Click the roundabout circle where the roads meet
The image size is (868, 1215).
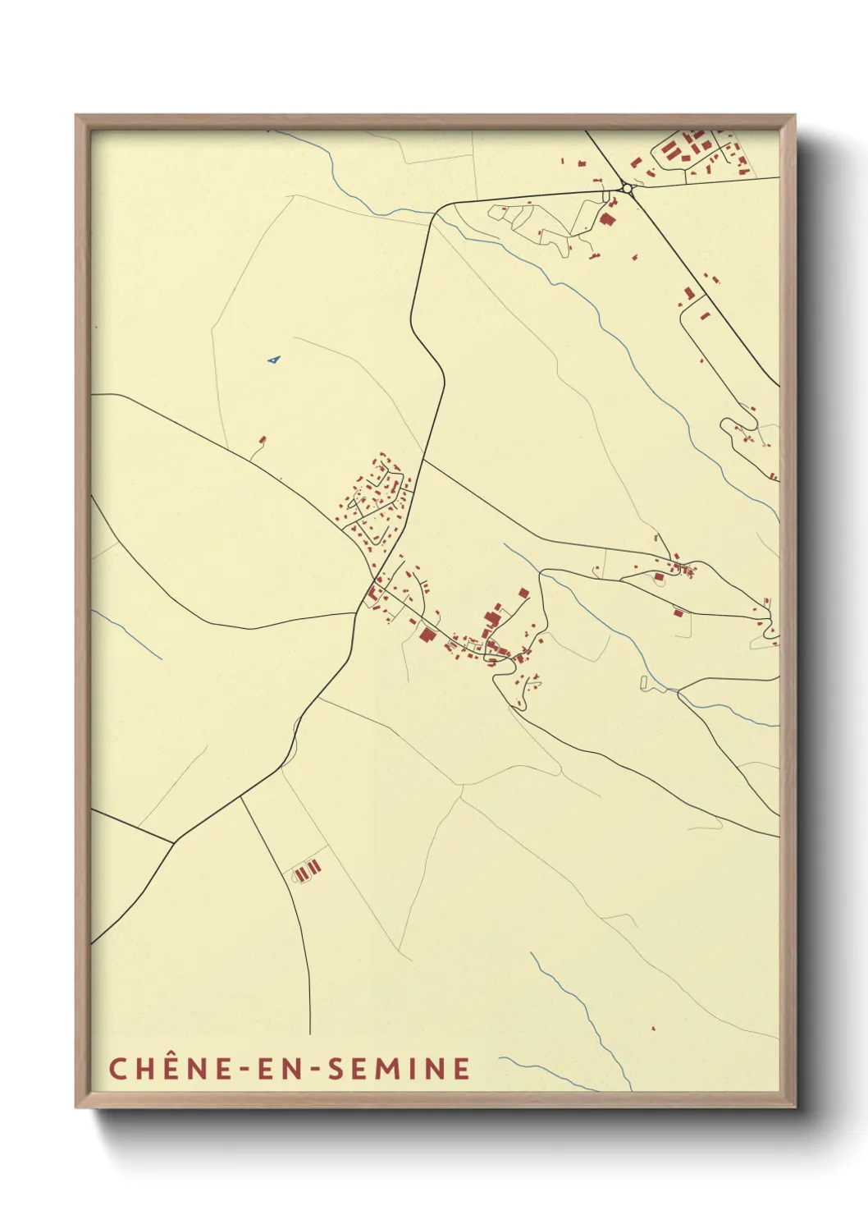click(x=628, y=188)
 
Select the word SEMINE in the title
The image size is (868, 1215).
click(x=399, y=1068)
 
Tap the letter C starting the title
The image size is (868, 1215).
click(x=117, y=1068)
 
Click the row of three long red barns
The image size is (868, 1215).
click(x=307, y=870)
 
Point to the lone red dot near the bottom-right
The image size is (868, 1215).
click(x=653, y=1028)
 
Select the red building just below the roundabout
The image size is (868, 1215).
click(x=608, y=218)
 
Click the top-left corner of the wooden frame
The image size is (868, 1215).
click(x=76, y=116)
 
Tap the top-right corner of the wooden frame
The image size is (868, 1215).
click(x=794, y=116)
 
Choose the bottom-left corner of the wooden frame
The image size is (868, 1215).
click(x=76, y=1107)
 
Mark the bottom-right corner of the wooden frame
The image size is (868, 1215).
click(x=794, y=1107)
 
